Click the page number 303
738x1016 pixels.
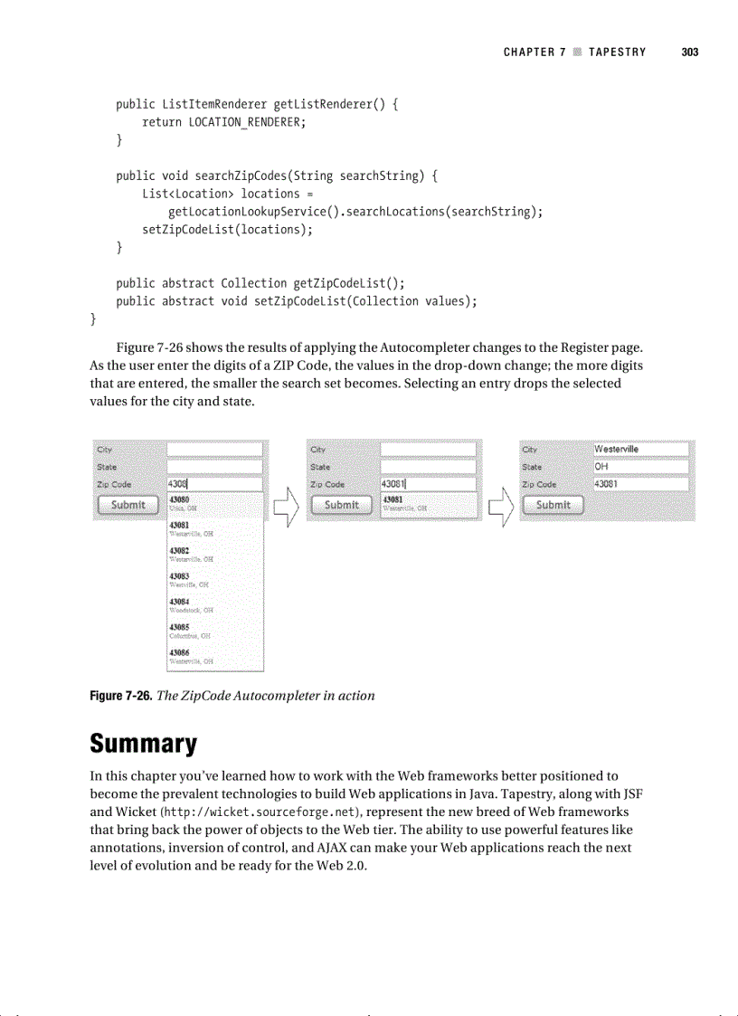[x=690, y=52]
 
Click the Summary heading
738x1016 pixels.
[x=143, y=744]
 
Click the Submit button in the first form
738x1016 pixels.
[x=128, y=505]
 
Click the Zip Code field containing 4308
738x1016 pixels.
[x=214, y=485]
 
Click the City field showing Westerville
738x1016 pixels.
[x=640, y=449]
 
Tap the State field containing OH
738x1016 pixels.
[x=640, y=467]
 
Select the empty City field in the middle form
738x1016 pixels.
[x=427, y=449]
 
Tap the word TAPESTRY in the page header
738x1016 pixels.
[x=617, y=52]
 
